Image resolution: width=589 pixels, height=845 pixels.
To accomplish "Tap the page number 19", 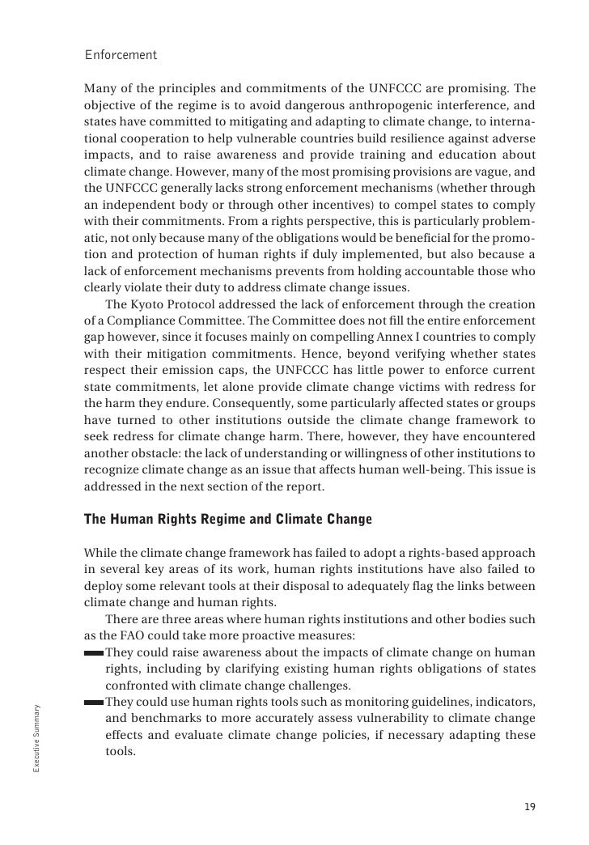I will tap(529, 807).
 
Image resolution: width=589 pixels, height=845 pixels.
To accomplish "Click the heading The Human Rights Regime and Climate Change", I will tap(228, 520).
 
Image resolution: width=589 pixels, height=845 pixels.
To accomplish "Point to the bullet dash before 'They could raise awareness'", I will tap(93, 652).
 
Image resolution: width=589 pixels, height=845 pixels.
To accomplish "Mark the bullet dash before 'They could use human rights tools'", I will tap(93, 701).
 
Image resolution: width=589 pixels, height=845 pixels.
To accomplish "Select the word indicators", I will tap(504, 701).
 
